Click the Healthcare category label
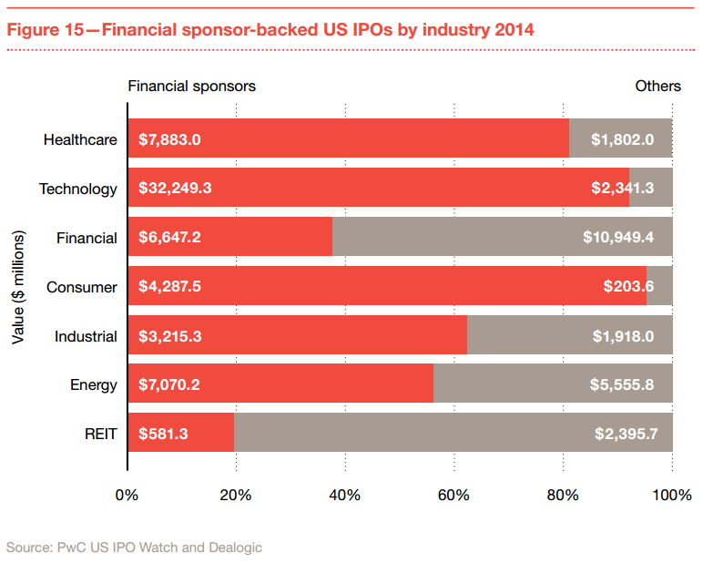point(80,139)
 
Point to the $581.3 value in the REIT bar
point(163,434)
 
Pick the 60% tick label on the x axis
point(453,495)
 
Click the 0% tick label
point(127,495)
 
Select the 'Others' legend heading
point(657,86)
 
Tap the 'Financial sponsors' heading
point(191,86)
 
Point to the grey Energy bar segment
point(553,384)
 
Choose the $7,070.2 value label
point(169,384)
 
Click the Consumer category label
point(82,287)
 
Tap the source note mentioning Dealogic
point(134,547)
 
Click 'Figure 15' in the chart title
point(46,29)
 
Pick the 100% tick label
point(672,495)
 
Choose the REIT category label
point(100,434)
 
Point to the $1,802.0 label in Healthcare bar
point(623,139)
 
